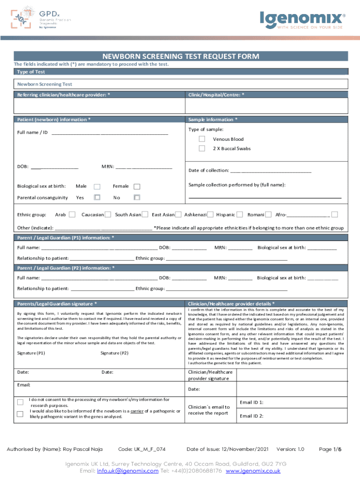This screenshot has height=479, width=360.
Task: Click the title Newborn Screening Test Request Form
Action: [180, 57]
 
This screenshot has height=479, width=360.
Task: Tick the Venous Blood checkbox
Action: [202, 139]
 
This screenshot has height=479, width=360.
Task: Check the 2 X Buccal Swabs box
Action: [202, 148]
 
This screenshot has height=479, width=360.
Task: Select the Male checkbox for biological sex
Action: [97, 186]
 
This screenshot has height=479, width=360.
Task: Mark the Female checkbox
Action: [137, 186]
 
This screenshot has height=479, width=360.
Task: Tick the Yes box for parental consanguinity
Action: [97, 197]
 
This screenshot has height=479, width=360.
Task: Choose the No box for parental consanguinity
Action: [137, 197]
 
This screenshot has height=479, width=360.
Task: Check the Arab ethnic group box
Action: [72, 215]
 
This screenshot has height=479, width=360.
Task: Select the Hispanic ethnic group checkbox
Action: [240, 215]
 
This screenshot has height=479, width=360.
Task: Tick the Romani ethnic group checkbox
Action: [269, 215]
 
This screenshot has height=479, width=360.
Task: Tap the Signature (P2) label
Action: [114, 353]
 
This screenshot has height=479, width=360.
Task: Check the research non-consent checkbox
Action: [20, 402]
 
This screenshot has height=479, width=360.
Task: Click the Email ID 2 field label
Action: [252, 416]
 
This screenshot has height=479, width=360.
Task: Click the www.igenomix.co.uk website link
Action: [253, 471]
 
